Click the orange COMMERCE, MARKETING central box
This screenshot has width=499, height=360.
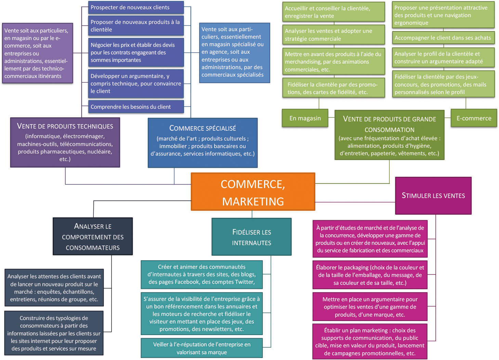[253, 191]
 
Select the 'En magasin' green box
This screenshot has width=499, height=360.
[305, 118]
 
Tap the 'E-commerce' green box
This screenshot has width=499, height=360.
[474, 118]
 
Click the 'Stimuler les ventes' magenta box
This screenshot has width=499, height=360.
[433, 196]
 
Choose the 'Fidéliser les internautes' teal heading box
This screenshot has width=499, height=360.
[251, 237]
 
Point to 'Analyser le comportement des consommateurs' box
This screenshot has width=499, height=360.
[93, 237]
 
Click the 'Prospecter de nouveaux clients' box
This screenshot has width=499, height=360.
[136, 8]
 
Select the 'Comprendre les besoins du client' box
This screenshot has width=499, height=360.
[136, 107]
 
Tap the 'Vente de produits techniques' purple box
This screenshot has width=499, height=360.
[65, 142]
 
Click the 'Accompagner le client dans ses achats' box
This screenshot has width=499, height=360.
[443, 38]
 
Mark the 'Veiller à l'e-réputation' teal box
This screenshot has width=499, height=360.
[201, 348]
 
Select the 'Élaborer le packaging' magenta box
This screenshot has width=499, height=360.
[370, 275]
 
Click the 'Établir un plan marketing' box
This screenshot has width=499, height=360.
[370, 342]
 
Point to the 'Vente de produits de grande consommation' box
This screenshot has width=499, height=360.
[389, 135]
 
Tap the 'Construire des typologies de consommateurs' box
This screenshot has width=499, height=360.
[54, 333]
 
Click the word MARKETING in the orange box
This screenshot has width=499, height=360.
[253, 201]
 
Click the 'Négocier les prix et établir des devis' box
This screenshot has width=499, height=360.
[136, 52]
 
